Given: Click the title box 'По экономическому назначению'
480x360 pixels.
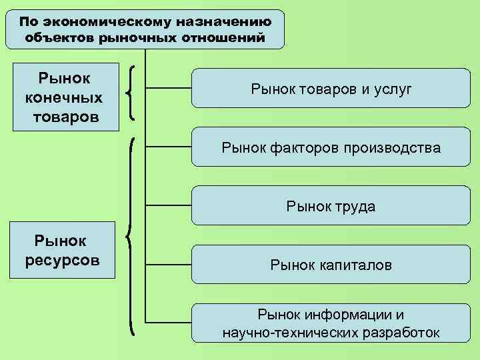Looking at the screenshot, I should (x=145, y=29).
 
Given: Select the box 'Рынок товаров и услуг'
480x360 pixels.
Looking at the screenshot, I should (x=331, y=88).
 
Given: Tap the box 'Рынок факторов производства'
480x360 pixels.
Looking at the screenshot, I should (x=331, y=147).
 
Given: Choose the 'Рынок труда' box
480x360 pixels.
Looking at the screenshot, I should (x=331, y=206).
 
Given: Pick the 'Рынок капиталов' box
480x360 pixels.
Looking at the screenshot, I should (x=331, y=265).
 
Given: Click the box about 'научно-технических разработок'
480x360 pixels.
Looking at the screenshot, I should (x=331, y=323).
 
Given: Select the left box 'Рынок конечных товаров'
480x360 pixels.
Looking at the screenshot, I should (x=63, y=97).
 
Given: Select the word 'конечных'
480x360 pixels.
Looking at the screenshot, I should (x=63, y=98).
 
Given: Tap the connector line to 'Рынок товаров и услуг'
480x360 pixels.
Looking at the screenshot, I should (x=169, y=87).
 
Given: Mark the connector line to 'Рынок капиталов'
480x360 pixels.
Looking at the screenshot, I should (x=169, y=264).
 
